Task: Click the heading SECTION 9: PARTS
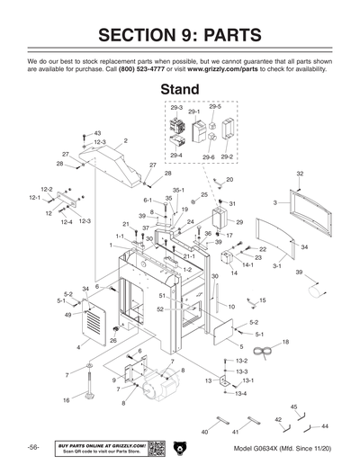[x=179, y=36]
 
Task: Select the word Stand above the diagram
[x=184, y=90]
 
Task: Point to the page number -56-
[x=33, y=448]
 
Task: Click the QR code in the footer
[x=157, y=448]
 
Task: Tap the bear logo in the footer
[x=180, y=448]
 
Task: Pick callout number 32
[x=300, y=173]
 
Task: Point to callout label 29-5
[x=214, y=107]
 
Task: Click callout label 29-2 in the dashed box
[x=227, y=156]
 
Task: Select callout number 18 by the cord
[x=284, y=343]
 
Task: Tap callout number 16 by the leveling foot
[x=66, y=399]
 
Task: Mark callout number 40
[x=203, y=433]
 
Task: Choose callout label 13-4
[x=239, y=394]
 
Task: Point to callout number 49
[x=68, y=315]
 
